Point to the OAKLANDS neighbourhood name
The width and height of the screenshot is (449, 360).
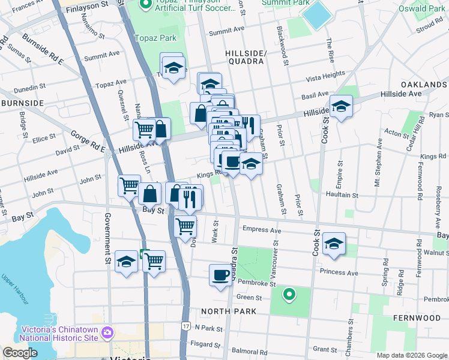point(423,85)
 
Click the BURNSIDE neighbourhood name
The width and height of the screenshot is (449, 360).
point(22,103)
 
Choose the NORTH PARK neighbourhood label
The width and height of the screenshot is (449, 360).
point(229,311)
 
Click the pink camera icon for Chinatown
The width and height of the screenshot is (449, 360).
point(107,332)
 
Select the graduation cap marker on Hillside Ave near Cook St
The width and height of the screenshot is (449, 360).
point(341,107)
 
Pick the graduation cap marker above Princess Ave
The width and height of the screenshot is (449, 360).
point(334,244)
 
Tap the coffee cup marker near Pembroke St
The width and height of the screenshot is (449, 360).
point(220,275)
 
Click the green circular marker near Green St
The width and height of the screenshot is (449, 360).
point(289,294)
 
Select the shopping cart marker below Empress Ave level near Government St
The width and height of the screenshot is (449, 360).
point(154,262)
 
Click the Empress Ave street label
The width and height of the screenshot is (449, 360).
point(262,230)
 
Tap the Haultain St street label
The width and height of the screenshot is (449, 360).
point(342,195)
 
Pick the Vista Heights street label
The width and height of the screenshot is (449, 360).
point(325,77)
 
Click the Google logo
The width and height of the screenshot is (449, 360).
point(19,353)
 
